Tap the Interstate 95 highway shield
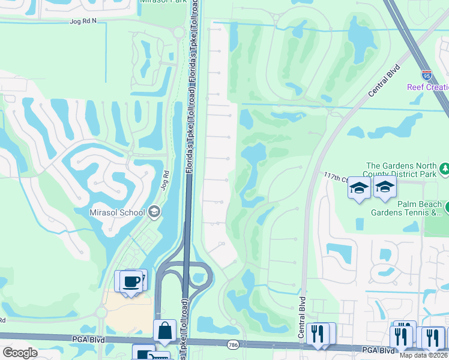click(426, 75)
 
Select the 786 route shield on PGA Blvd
click(232, 344)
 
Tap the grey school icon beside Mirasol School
click(155, 211)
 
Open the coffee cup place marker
click(131, 281)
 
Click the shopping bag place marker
click(164, 331)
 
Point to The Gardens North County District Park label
click(401, 170)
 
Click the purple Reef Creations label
click(428, 87)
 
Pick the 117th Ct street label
click(336, 178)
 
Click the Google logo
click(20, 352)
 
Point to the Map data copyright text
click(424, 355)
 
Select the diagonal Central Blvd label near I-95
click(384, 82)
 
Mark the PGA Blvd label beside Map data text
click(378, 350)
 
